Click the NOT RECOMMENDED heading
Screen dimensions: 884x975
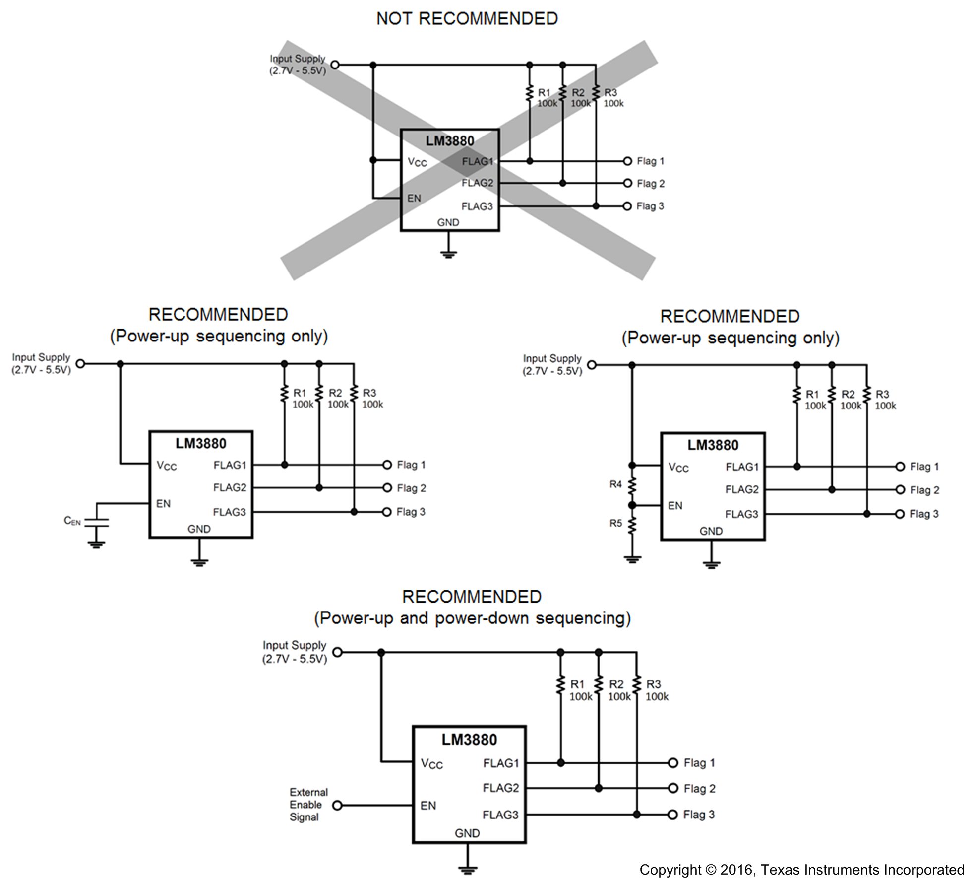(467, 18)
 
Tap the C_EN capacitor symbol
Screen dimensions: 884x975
(97, 522)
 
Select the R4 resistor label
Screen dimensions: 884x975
(615, 484)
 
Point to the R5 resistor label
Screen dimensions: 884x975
(615, 523)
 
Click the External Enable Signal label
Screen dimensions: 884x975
(308, 805)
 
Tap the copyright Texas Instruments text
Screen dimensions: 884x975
(801, 870)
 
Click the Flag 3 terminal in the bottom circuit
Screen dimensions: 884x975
(672, 815)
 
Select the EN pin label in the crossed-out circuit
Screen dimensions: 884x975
(414, 198)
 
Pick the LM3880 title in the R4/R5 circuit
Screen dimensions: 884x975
(713, 445)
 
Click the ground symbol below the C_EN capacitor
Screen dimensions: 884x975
(96, 545)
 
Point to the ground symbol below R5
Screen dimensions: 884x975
(632, 559)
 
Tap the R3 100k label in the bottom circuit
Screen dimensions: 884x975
(656, 690)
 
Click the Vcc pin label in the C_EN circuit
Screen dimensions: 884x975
(167, 466)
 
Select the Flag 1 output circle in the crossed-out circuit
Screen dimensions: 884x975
(627, 161)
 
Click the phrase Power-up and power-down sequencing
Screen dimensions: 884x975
(472, 618)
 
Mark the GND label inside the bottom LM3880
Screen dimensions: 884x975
(467, 833)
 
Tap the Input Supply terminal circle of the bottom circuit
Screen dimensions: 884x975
(337, 652)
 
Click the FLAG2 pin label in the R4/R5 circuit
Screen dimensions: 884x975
(741, 489)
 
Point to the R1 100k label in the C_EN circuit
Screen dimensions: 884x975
(302, 399)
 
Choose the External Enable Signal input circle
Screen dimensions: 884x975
(337, 805)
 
